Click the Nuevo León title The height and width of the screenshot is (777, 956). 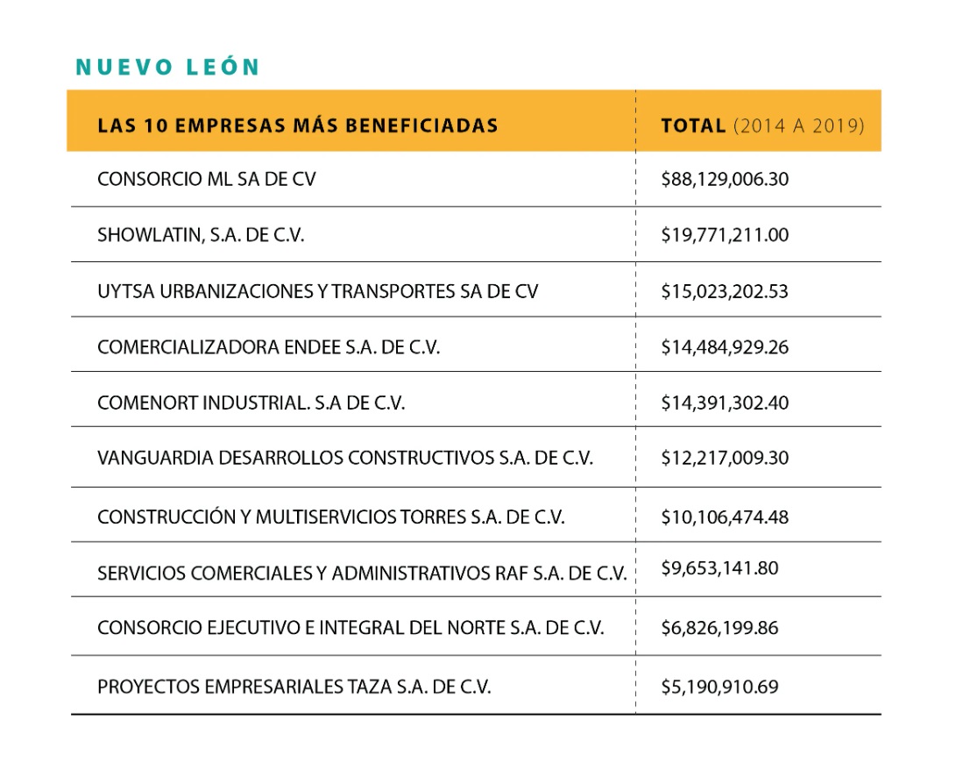click(167, 68)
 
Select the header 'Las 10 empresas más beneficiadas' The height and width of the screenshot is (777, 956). click(297, 125)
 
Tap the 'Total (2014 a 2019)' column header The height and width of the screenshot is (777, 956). click(762, 125)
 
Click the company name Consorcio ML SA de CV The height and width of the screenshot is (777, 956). click(207, 180)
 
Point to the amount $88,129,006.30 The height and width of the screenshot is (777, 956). click(725, 180)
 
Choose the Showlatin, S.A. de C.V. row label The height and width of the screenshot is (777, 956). click(201, 235)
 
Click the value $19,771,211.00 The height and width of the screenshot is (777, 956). click(725, 235)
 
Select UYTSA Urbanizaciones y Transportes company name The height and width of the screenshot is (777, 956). click(317, 291)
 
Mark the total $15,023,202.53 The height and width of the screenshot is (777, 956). click(725, 291)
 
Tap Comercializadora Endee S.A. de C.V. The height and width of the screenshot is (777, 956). click(268, 347)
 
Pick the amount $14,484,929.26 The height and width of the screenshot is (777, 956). click(725, 347)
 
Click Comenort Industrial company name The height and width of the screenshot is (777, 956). click(251, 403)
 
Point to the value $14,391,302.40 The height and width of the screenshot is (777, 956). click(725, 403)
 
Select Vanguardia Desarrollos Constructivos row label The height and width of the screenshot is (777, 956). click(345, 458)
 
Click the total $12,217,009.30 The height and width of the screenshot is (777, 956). click(725, 458)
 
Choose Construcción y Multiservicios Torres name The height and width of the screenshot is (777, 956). click(331, 517)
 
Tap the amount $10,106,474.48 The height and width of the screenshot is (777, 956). click(725, 517)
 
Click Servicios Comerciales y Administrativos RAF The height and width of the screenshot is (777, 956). click(362, 574)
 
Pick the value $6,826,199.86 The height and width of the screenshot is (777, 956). click(719, 629)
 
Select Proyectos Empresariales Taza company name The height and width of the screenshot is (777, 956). click(294, 686)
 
